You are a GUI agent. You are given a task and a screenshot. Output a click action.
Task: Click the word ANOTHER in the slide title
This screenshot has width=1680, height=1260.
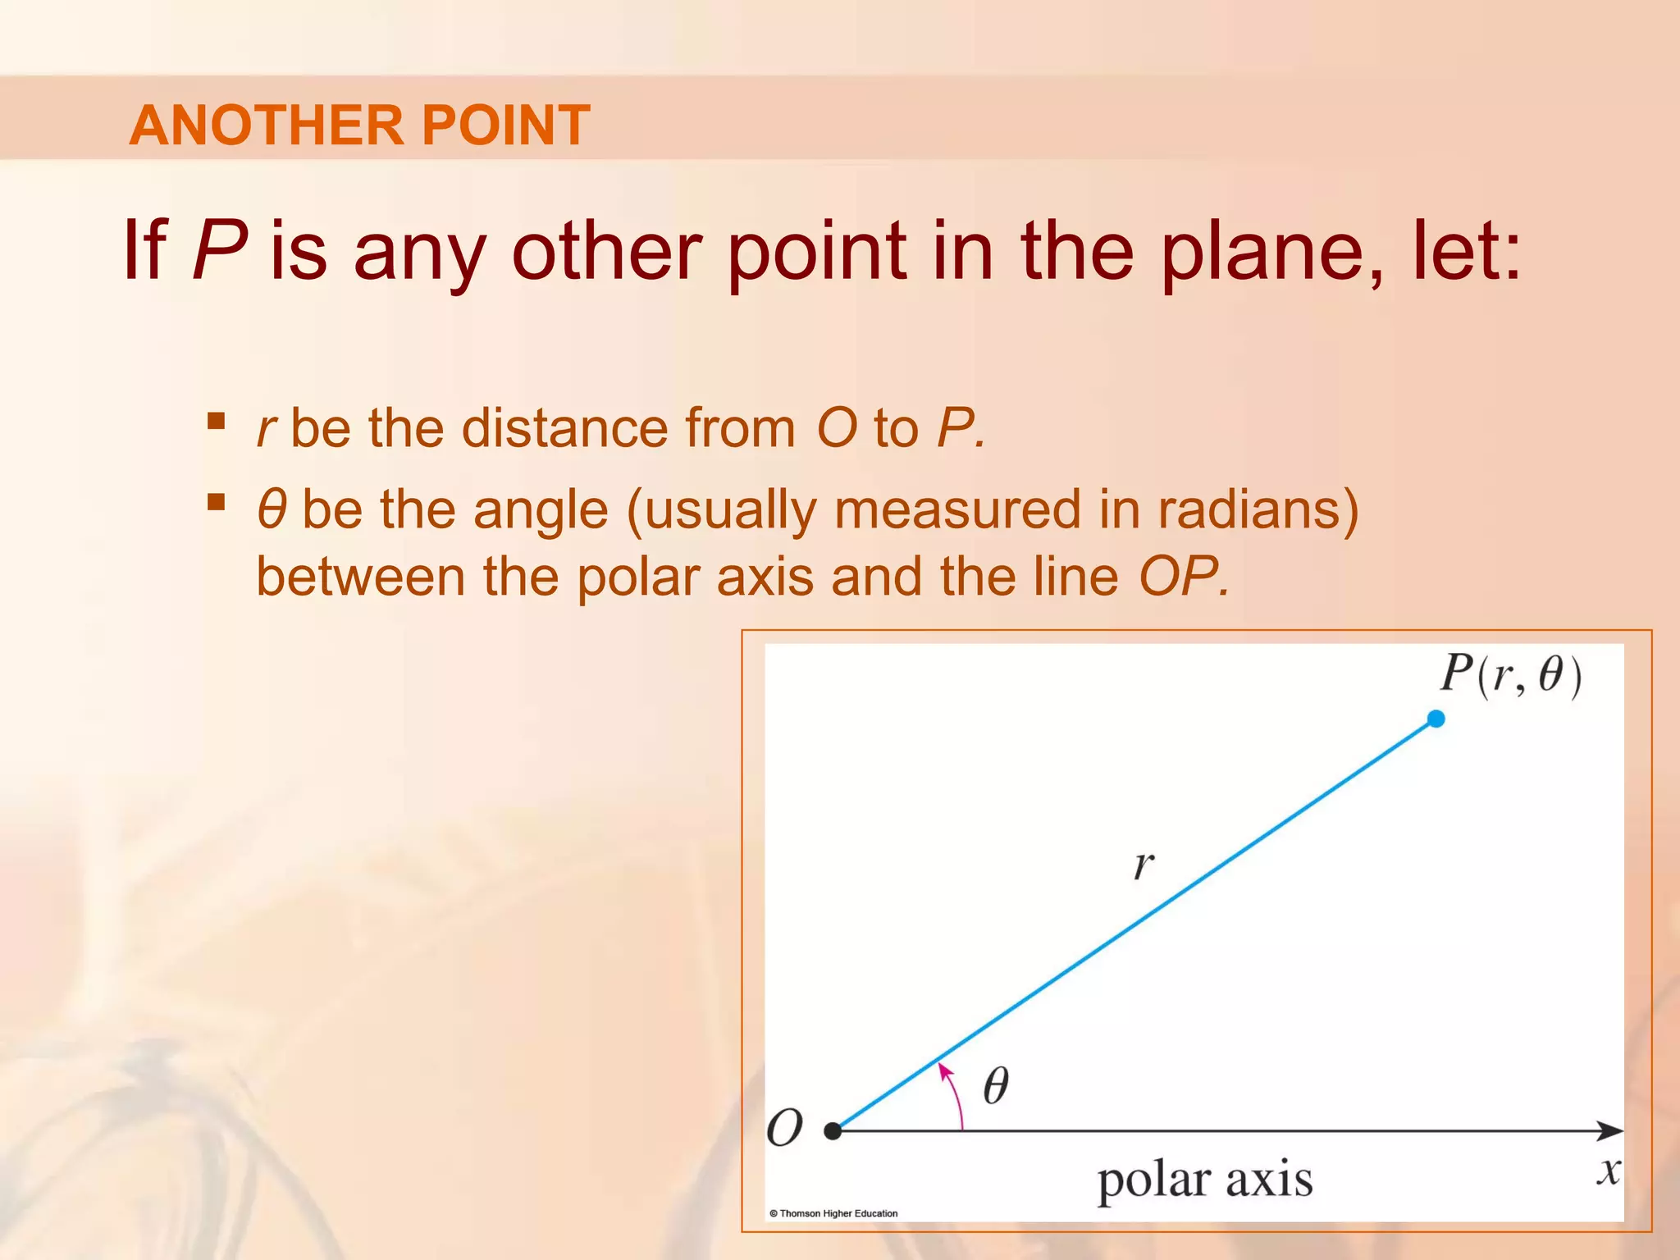[267, 126]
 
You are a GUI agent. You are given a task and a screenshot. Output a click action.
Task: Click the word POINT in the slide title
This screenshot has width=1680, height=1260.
[505, 126]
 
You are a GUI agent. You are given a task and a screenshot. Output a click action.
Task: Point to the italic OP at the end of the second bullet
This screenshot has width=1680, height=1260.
[1182, 577]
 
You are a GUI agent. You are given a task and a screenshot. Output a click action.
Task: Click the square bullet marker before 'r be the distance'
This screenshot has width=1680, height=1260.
[217, 421]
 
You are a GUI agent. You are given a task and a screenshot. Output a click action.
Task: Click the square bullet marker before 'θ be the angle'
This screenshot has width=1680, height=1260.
[217, 501]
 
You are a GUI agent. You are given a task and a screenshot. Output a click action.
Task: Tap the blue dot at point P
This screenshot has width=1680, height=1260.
[1436, 719]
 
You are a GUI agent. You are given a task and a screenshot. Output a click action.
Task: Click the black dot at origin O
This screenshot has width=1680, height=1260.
[833, 1131]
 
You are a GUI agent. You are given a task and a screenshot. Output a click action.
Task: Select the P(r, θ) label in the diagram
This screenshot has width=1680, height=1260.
[1510, 675]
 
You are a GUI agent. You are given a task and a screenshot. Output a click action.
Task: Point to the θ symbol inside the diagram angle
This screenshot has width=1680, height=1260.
[995, 1086]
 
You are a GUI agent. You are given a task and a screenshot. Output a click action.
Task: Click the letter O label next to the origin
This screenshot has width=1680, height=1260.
[784, 1128]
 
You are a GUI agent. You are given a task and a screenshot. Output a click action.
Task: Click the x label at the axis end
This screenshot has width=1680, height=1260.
[1609, 1171]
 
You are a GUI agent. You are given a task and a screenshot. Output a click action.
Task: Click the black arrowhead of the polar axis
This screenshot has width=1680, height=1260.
[1611, 1131]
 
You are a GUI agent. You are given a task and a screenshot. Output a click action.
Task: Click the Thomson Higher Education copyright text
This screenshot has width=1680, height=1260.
[833, 1213]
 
